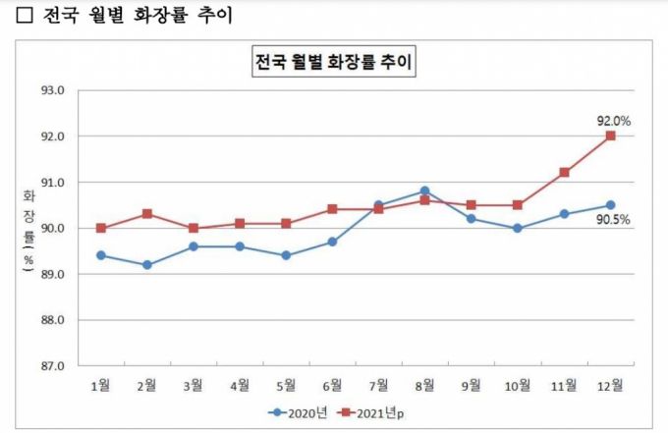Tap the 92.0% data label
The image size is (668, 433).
(613, 121)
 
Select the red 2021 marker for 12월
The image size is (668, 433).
(610, 135)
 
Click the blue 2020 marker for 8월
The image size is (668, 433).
(424, 191)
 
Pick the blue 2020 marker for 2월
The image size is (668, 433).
(146, 265)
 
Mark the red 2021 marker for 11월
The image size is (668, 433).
(564, 172)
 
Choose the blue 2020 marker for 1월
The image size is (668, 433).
(100, 255)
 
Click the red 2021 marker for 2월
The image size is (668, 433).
(146, 213)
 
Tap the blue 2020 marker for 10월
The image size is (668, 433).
(518, 228)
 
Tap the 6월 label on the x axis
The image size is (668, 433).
(332, 385)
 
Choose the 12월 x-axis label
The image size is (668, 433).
(610, 385)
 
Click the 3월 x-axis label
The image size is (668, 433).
(193, 385)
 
